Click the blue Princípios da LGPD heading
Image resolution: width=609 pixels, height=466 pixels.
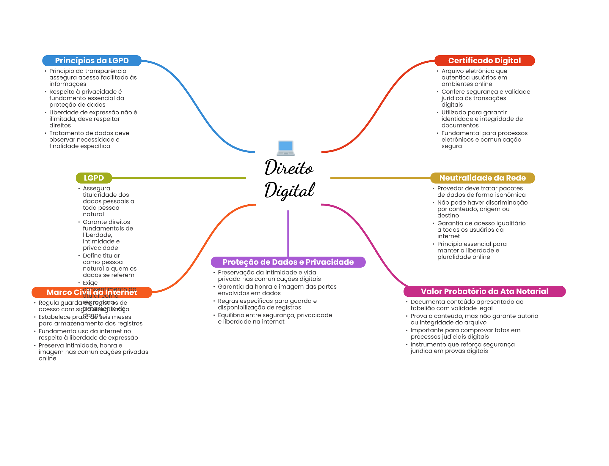pyautogui.click(x=92, y=61)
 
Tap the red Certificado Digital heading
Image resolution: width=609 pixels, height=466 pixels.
pyautogui.click(x=484, y=61)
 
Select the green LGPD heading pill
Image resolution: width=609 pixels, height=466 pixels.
pyautogui.click(x=94, y=178)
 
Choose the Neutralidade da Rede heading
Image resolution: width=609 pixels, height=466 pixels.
pyautogui.click(x=482, y=178)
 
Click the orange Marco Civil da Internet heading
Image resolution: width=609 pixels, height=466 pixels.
pyautogui.click(x=92, y=292)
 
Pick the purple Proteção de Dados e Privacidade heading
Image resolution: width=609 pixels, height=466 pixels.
pyautogui.click(x=288, y=262)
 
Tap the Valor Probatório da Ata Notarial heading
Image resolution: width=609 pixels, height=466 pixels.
pyautogui.click(x=484, y=291)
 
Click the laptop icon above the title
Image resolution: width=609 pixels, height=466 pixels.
pyautogui.click(x=285, y=148)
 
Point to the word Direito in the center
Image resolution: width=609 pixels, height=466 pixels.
pyautogui.click(x=289, y=168)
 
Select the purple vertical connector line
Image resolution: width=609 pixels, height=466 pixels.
pyautogui.click(x=288, y=233)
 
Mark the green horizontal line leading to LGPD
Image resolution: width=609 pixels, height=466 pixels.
pyautogui.click(x=178, y=178)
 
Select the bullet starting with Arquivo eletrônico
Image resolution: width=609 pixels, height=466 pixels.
pyautogui.click(x=474, y=78)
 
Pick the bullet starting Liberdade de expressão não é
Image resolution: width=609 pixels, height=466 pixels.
pyautogui.click(x=93, y=119)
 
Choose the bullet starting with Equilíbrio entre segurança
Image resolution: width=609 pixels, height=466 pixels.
pyautogui.click(x=275, y=318)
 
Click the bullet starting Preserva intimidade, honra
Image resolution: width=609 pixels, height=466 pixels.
pyautogui.click(x=93, y=352)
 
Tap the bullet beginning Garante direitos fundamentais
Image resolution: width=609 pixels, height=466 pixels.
pyautogui.click(x=108, y=235)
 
